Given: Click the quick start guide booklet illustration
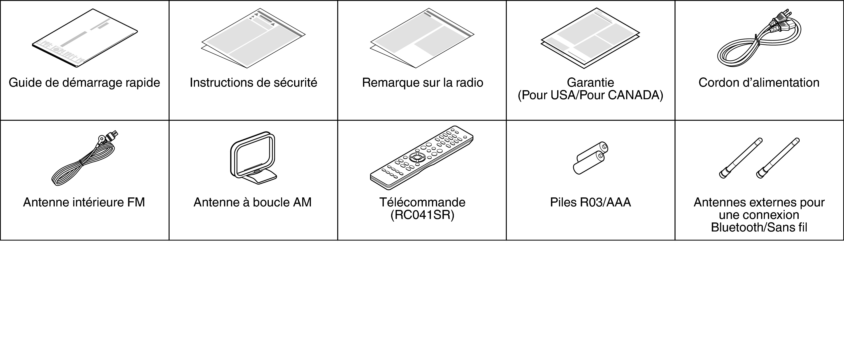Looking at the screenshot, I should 84,38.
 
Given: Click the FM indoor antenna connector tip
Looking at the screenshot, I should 113,135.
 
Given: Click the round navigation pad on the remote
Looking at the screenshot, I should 417,157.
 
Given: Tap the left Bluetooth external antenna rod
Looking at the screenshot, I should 741,158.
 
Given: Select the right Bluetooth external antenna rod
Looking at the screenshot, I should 778,158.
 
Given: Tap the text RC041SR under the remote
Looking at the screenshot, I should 422,215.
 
